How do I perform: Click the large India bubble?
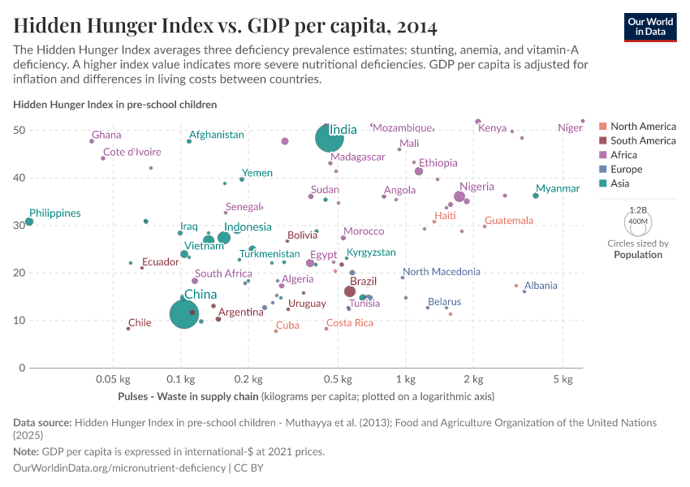329,138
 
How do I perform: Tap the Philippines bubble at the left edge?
29,222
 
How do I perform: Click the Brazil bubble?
350,291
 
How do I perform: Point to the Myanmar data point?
536,196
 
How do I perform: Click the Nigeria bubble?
459,196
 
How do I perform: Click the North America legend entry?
643,126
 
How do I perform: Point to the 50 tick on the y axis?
20,131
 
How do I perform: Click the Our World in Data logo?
652,27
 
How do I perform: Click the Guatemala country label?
509,221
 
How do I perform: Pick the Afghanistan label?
216,135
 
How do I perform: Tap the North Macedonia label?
442,272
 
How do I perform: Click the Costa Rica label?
350,323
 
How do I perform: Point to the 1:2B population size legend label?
638,210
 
